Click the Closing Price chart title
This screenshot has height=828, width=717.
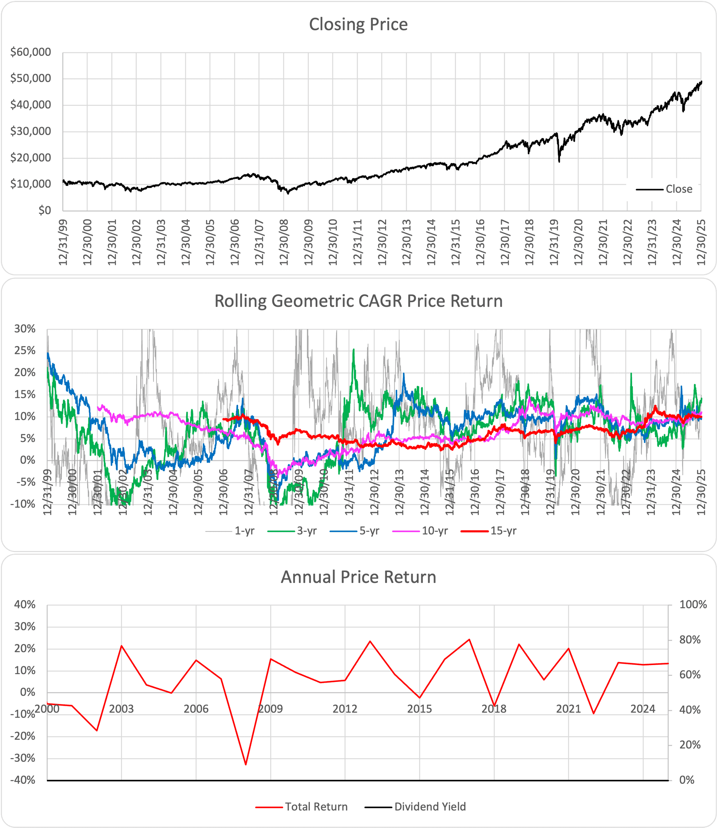coord(358,24)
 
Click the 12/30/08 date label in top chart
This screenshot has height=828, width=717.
coord(284,242)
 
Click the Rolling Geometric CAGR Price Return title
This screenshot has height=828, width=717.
coord(358,301)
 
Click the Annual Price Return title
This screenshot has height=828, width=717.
coord(358,577)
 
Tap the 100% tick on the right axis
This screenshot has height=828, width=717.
coord(693,605)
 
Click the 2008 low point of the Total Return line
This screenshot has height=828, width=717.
coord(246,764)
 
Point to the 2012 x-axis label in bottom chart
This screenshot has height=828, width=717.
coord(345,709)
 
